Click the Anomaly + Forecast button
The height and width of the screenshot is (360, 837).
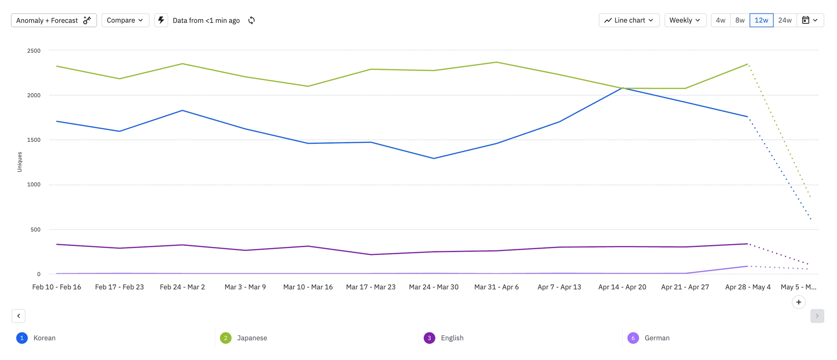coord(54,20)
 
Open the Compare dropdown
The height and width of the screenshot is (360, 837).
coord(125,20)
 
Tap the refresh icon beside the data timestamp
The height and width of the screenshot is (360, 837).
coord(252,20)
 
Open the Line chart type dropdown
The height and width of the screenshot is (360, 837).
coord(629,20)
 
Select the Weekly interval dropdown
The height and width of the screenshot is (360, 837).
coord(685,20)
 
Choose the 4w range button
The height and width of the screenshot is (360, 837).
coord(721,20)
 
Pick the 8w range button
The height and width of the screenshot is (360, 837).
coord(740,20)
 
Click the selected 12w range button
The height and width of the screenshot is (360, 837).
coord(761,20)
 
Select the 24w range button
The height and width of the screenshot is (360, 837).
coord(785,20)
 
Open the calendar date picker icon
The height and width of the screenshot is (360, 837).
coord(810,20)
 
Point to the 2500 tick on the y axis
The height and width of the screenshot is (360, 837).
coord(34,51)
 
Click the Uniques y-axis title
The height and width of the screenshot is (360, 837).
coord(20,162)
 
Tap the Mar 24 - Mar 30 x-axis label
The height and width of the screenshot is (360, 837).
coord(434,287)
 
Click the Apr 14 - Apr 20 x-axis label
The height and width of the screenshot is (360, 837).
coord(622,287)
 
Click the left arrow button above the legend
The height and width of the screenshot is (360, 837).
coord(19,316)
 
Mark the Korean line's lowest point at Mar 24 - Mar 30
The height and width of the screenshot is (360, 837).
coord(434,158)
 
